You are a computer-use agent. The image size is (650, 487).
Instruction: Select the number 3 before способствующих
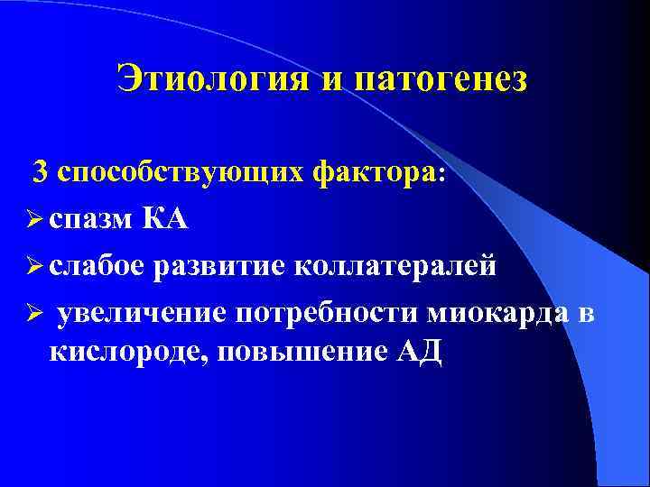coord(42,170)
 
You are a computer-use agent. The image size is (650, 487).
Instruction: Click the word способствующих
coord(181,172)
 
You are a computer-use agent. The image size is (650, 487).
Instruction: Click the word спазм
coord(92,219)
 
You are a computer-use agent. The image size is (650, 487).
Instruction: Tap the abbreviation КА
coord(165,217)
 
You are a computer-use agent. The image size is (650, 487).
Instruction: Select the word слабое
coord(97,266)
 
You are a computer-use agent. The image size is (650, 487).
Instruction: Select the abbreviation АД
coord(420,349)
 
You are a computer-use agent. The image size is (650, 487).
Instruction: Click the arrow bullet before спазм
coord(37,219)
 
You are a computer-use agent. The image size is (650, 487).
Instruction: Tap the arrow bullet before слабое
coord(37,266)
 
